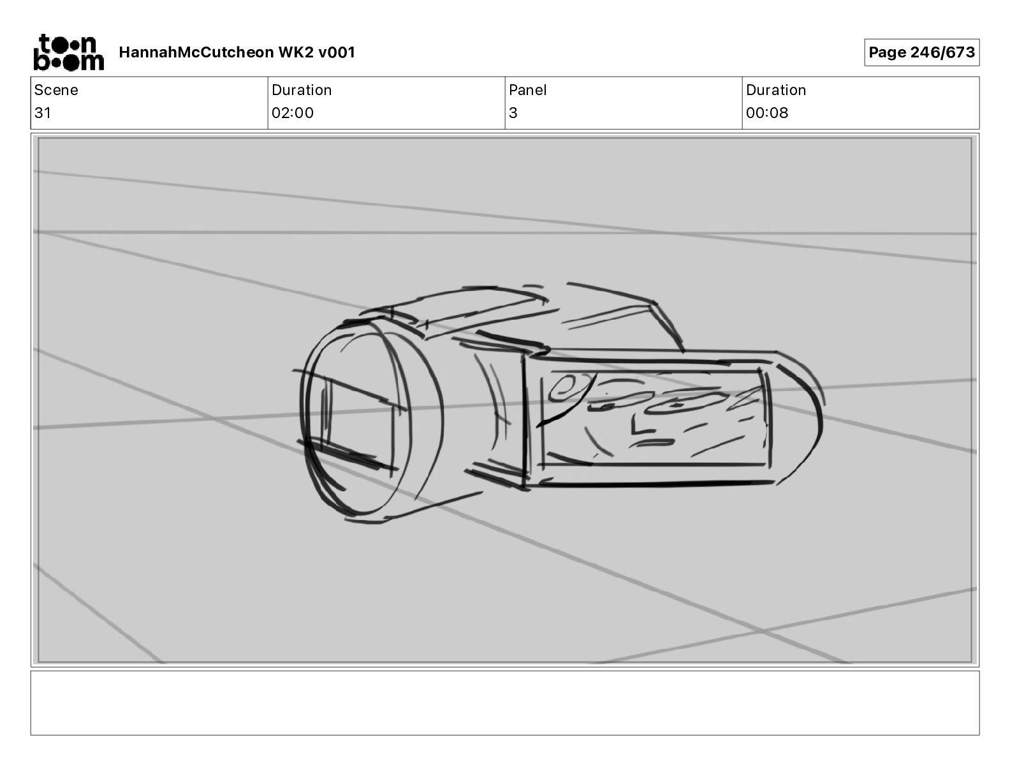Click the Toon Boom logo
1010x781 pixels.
tap(69, 52)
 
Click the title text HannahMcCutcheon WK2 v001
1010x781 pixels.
tap(237, 52)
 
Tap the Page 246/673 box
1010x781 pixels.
tap(921, 52)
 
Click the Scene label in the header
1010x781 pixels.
tap(56, 90)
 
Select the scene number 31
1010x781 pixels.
tap(42, 112)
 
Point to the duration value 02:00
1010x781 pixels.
tap(293, 112)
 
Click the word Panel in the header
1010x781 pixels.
tap(527, 90)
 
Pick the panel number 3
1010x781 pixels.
tap(513, 112)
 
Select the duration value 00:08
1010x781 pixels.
tap(767, 112)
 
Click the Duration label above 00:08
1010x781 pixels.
tap(776, 90)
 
